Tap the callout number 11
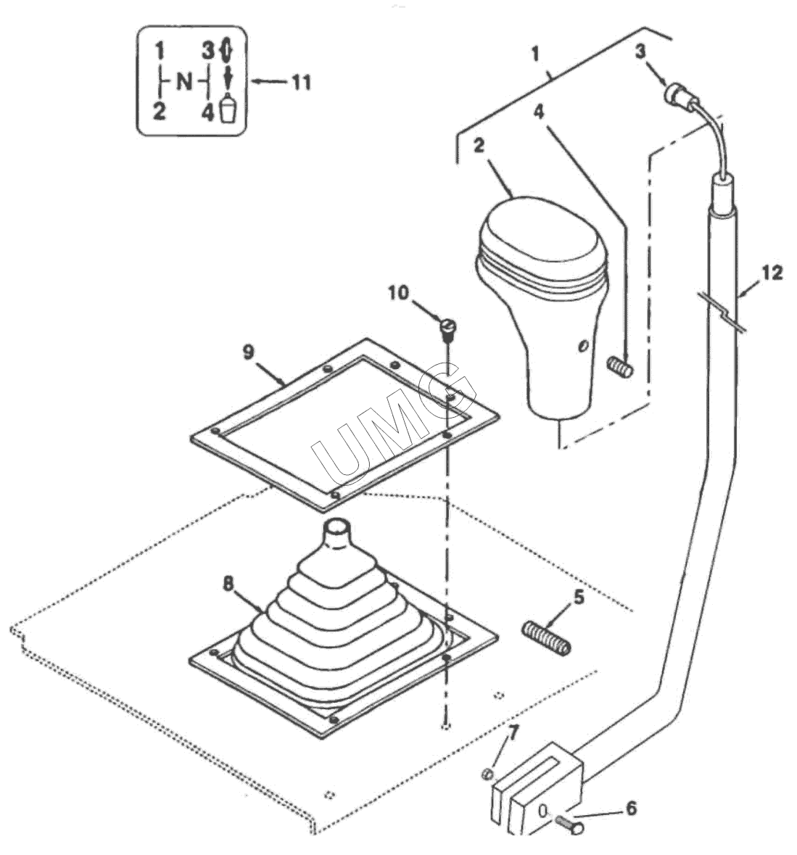302,83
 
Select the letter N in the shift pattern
185,82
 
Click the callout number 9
248,352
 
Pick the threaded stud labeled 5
547,638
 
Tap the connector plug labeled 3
680,96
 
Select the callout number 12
772,273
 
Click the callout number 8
228,584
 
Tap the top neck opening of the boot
337,526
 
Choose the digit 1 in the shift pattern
159,51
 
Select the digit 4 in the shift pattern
207,113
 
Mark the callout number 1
534,54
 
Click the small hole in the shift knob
583,346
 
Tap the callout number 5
579,597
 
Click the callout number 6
631,808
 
